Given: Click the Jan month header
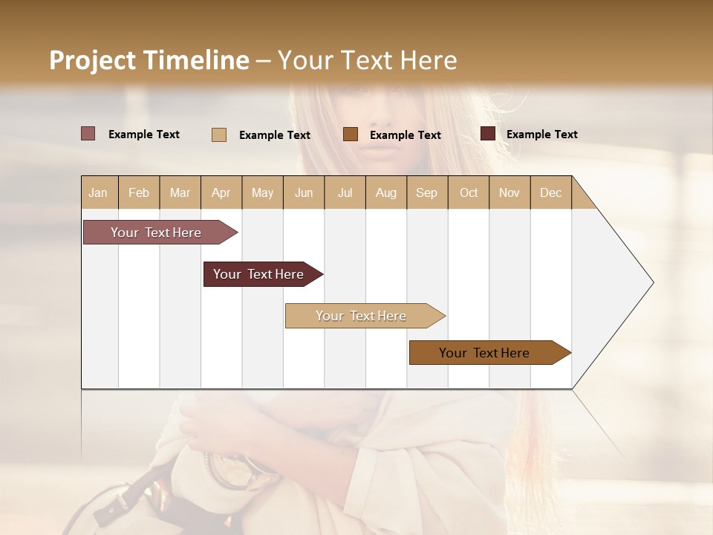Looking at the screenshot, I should pyautogui.click(x=99, y=192).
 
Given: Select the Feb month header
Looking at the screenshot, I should pyautogui.click(x=139, y=192).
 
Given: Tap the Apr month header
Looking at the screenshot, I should pyautogui.click(x=221, y=192).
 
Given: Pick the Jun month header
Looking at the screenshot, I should pyautogui.click(x=304, y=192).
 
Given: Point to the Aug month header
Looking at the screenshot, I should pyautogui.click(x=385, y=192).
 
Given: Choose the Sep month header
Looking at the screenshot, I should pyautogui.click(x=426, y=192).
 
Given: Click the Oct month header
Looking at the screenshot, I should pyautogui.click(x=469, y=192).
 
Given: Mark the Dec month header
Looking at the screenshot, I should pyautogui.click(x=550, y=192).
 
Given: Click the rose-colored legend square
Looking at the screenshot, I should pyautogui.click(x=88, y=134).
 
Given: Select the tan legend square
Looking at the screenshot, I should pyautogui.click(x=219, y=134).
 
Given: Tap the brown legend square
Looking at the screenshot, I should pyautogui.click(x=351, y=134).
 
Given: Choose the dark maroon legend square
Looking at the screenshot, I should pyautogui.click(x=488, y=134).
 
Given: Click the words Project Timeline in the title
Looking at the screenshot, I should pyautogui.click(x=149, y=60).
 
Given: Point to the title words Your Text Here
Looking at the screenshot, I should pyautogui.click(x=367, y=60).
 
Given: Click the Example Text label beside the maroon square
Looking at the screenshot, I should pyautogui.click(x=541, y=134).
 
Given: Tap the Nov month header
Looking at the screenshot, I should pyautogui.click(x=509, y=192).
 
